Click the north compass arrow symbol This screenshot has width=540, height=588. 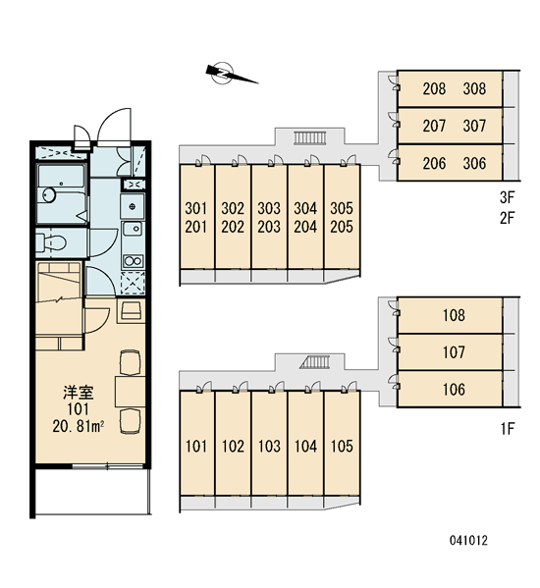232,74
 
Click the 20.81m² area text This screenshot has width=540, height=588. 79,426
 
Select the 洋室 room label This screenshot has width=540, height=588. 79,393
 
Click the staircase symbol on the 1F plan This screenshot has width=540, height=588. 315,362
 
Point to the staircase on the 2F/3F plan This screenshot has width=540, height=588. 309,137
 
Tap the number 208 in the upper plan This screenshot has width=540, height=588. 434,89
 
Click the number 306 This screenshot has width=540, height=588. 474,163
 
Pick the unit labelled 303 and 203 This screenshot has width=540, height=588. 269,217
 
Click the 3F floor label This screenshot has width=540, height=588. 508,197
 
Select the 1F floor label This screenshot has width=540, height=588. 508,429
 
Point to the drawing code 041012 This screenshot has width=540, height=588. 468,540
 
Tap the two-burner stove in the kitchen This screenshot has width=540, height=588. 134,261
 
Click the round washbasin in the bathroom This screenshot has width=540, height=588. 49,195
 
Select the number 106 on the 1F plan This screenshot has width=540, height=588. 454,390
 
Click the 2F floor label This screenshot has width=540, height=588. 508,218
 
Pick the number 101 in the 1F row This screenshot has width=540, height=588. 196,447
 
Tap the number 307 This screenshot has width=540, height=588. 474,126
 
